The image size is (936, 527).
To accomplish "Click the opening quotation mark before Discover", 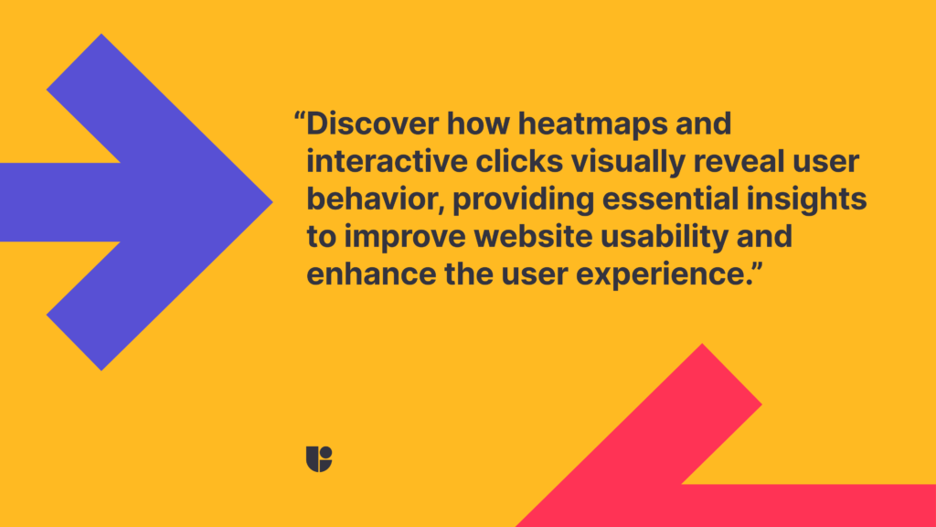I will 299,118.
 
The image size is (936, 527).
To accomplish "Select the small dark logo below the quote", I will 319,458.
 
